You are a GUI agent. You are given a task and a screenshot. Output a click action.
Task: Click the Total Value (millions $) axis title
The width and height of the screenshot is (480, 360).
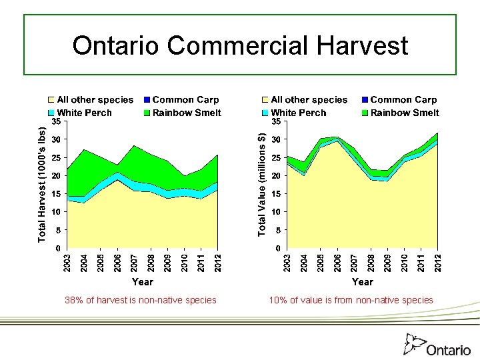[x=262, y=183]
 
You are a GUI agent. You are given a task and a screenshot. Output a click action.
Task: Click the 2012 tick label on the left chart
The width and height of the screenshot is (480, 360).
[x=217, y=262]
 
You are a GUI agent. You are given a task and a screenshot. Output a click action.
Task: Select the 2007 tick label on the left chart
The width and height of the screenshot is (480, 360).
[x=133, y=262]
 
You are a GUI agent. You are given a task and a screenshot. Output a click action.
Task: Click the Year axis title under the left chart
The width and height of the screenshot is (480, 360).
[x=143, y=282]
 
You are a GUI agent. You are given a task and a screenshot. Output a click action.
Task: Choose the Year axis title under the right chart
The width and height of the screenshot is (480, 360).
[x=362, y=282]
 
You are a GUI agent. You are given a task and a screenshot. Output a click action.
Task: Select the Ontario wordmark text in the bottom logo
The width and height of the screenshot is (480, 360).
[x=448, y=350]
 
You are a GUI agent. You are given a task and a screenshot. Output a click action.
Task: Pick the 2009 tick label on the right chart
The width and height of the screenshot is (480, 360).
[x=387, y=262]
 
